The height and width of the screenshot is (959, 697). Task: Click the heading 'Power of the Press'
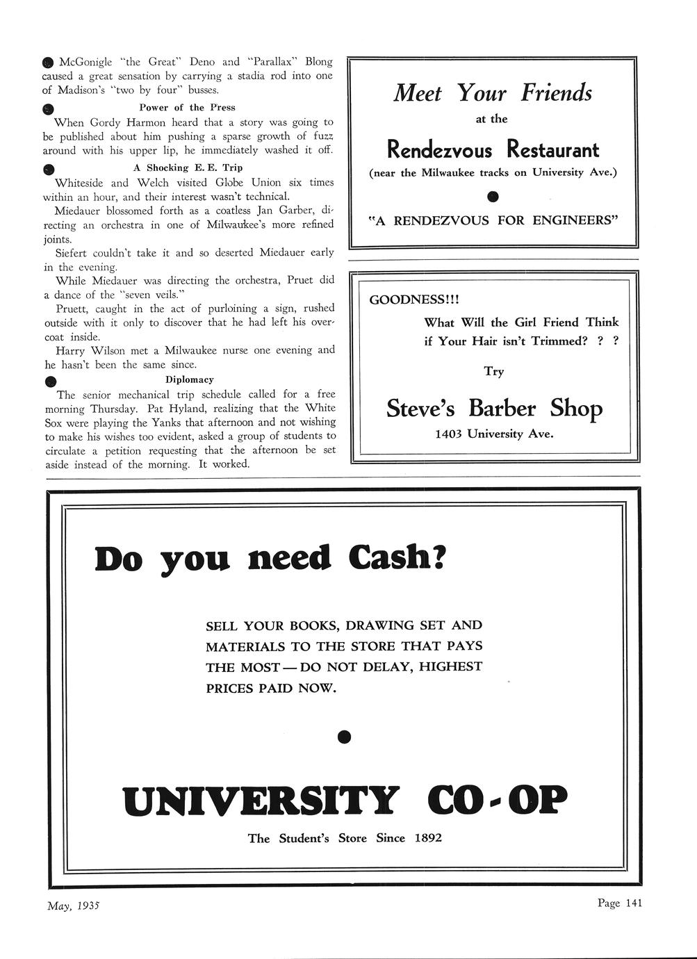point(187,108)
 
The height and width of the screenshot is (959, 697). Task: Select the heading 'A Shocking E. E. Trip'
point(188,167)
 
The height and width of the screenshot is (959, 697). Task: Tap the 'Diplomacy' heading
point(189,379)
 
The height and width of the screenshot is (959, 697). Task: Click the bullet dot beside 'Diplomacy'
point(49,382)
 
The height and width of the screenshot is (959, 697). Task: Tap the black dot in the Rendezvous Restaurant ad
point(493,196)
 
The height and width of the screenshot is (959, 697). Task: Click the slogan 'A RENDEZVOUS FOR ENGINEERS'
point(493,221)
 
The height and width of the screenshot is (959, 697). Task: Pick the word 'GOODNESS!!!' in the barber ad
point(414,300)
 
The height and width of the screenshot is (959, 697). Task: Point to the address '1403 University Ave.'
point(494,434)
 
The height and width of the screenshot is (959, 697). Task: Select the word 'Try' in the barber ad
point(494,371)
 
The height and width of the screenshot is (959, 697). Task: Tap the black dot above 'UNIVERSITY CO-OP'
point(344,736)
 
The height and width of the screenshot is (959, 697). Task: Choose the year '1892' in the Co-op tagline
point(428,838)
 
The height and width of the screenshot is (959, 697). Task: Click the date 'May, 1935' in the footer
point(74,905)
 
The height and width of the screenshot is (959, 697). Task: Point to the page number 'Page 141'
point(619,903)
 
